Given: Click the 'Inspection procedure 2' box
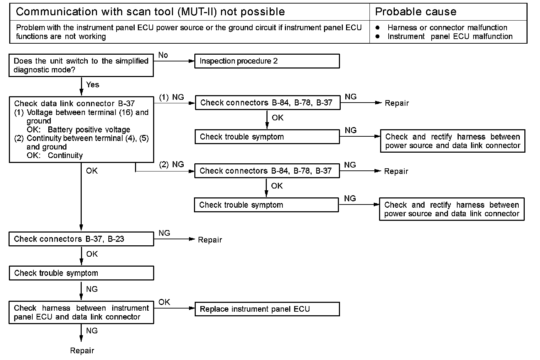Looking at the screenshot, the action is click(267, 61).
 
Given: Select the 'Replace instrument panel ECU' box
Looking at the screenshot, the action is click(267, 309).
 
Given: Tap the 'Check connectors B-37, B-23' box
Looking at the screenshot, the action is click(81, 239).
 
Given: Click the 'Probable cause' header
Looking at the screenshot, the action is click(416, 12).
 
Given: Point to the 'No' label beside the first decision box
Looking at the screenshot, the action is click(163, 55).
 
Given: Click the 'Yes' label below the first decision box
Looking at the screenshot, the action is click(93, 84).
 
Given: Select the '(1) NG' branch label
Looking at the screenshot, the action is click(171, 97).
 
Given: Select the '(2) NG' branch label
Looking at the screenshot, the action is click(171, 165).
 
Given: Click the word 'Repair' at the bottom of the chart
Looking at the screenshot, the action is click(82, 351).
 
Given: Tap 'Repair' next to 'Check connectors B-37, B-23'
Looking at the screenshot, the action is click(210, 240).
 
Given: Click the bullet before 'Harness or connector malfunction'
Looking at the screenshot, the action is click(378, 28).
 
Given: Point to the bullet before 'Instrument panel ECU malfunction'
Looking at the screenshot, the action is click(378, 36).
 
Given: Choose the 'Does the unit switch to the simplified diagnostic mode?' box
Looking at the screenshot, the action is click(81, 65).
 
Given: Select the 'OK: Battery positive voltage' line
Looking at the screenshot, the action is click(79, 130).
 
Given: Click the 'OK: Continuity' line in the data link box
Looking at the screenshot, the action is click(55, 156).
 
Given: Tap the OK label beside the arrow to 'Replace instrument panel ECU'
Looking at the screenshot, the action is click(164, 302).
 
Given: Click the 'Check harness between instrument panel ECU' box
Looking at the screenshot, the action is click(81, 312).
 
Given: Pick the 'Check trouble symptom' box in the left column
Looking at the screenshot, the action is click(81, 273).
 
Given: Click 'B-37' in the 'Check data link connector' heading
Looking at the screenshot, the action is click(126, 103).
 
